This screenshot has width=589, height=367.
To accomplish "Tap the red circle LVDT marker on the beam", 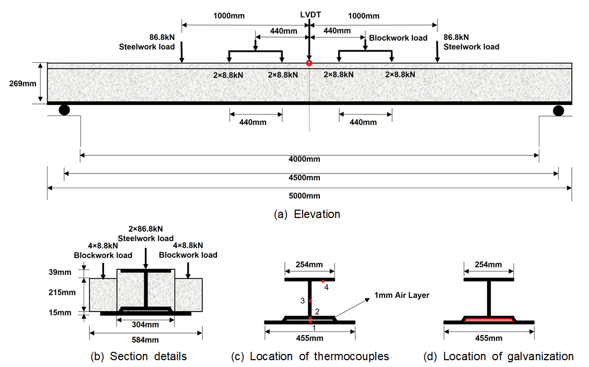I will point(309,63).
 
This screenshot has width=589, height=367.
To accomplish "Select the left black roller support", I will point(64,110).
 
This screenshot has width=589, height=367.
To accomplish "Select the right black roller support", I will point(559,110).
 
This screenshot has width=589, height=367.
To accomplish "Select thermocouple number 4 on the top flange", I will point(324,281).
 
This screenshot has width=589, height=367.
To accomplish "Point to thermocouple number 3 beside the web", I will point(310,301).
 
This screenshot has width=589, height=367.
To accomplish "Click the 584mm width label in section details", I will point(146,340).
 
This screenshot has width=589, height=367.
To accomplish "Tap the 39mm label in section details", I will point(62,272).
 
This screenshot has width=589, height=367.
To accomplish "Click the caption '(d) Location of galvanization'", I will point(499,357).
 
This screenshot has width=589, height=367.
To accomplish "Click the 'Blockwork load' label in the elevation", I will point(398,38).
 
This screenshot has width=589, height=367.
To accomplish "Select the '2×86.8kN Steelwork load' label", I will point(146,234).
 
